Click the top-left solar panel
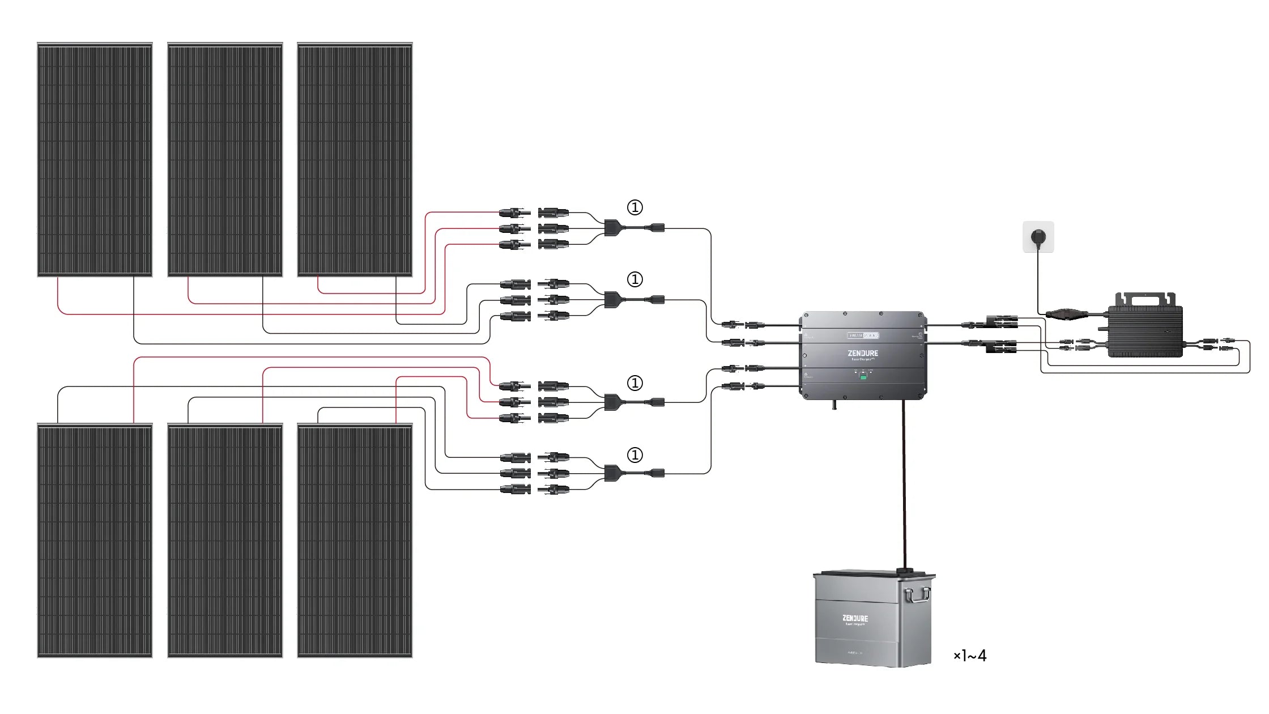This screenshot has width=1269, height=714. click(95, 159)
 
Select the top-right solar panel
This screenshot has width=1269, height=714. click(355, 159)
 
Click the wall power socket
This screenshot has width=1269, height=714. click(1038, 236)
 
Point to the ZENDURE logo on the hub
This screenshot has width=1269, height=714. click(863, 353)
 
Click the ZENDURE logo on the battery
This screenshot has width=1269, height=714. click(855, 618)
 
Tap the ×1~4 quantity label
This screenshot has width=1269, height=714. click(970, 656)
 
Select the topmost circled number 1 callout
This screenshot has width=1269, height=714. click(634, 207)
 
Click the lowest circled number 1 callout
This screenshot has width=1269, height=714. click(634, 455)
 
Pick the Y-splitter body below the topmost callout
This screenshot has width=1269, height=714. click(612, 228)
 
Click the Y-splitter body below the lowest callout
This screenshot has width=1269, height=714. click(612, 473)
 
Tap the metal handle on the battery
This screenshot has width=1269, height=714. click(917, 595)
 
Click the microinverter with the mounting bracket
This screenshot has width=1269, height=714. click(1145, 329)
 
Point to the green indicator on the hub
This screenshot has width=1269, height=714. click(863, 376)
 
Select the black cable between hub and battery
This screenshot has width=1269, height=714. click(904, 482)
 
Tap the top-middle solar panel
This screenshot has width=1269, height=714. click(225, 159)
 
